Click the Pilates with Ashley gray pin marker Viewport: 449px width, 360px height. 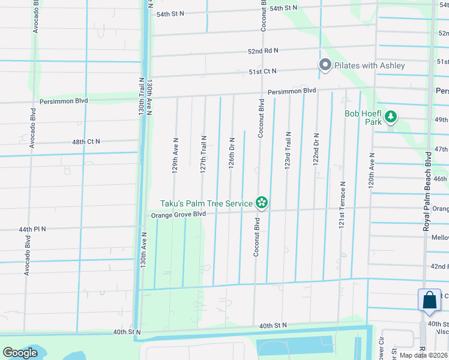coord(325,65)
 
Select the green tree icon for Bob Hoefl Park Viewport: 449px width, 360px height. coord(391,116)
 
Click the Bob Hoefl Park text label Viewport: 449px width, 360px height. coord(363,118)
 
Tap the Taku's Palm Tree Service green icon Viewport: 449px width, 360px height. coord(262,203)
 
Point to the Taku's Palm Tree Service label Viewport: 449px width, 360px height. coord(206,204)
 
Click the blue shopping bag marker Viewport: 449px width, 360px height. coord(430,300)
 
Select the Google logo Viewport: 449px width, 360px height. coord(20,353)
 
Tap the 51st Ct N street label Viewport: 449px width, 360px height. coord(262,71)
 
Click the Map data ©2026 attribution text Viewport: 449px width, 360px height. coord(423,355)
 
